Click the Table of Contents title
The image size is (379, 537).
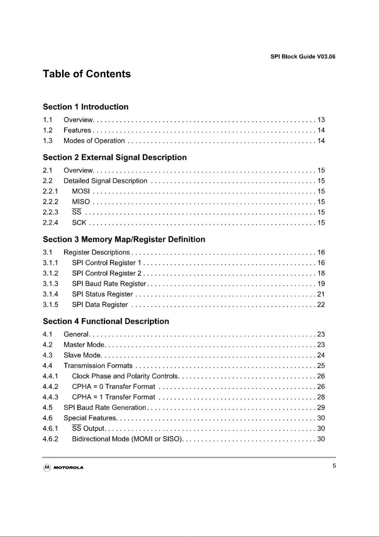tap(87, 74)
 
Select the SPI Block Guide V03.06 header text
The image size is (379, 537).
tap(303, 57)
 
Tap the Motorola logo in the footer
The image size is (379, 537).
tap(63, 468)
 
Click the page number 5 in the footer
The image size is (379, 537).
tap(334, 466)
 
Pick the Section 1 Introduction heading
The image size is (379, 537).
tap(86, 107)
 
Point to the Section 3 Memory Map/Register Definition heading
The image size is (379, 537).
tap(124, 239)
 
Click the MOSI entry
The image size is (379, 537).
tap(81, 191)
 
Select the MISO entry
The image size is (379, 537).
tap(81, 202)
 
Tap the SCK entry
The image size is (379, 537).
tap(79, 223)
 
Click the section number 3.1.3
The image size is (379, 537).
tap(51, 284)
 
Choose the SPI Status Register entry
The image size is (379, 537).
tap(102, 294)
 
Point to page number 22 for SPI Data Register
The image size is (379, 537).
tap(321, 305)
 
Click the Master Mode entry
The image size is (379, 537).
tap(84, 345)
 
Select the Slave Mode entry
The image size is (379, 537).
tap(82, 355)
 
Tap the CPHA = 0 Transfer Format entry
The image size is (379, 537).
tap(114, 387)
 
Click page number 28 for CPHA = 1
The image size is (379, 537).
tap(321, 397)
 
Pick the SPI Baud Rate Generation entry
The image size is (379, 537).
tap(105, 408)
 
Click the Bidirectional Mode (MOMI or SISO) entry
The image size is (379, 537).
tap(127, 439)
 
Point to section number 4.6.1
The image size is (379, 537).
tap(51, 428)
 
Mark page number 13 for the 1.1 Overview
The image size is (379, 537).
tap(321, 120)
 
